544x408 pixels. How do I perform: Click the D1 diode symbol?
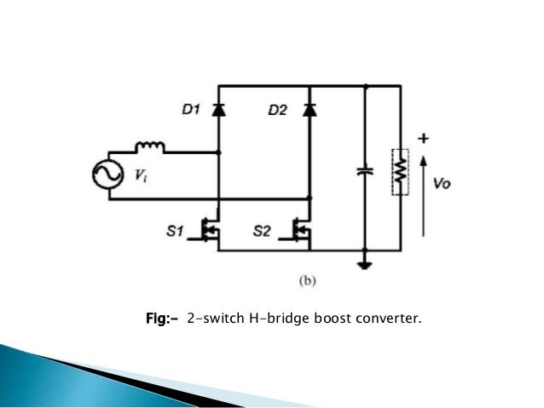coord(220,109)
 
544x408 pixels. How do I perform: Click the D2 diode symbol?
coord(310,109)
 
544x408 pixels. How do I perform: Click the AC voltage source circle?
coord(108,175)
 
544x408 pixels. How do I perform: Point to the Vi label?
coord(139,176)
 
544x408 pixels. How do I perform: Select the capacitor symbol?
coord(365,171)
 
